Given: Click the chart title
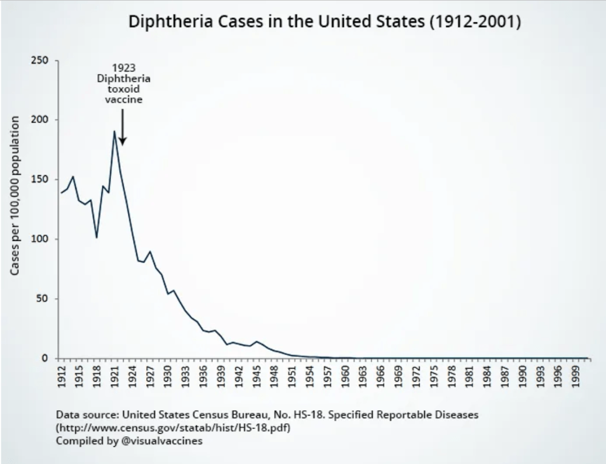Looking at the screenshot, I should click(x=324, y=22).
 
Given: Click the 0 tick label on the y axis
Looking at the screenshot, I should click(x=50, y=359).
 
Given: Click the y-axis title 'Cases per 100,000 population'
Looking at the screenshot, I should click(x=17, y=195).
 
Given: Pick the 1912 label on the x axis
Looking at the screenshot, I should click(x=62, y=376).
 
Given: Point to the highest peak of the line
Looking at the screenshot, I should click(x=114, y=131).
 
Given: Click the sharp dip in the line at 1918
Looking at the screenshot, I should click(x=96, y=237).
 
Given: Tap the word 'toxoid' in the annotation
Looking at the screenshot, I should click(x=124, y=89).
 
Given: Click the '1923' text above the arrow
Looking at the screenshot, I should click(x=123, y=68).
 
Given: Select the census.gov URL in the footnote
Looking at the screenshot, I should click(x=174, y=427).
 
